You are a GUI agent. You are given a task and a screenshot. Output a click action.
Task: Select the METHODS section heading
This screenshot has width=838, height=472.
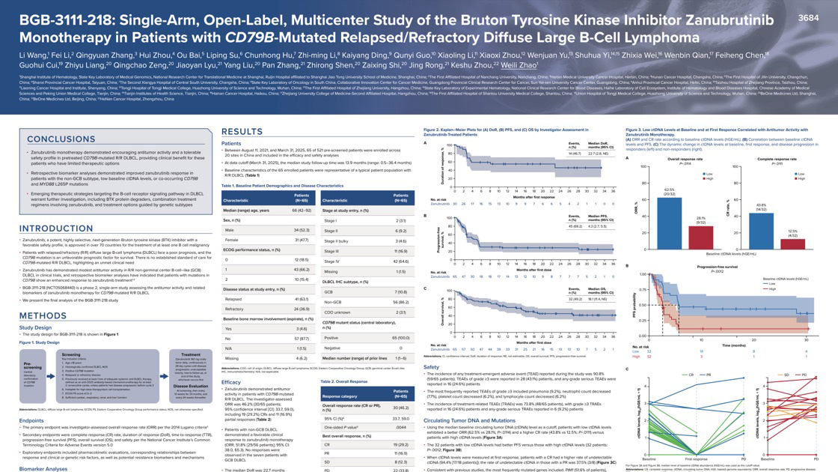43,315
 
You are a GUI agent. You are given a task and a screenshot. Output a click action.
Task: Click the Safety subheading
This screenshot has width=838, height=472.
432,367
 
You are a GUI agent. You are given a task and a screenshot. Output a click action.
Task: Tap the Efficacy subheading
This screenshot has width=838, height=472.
231,381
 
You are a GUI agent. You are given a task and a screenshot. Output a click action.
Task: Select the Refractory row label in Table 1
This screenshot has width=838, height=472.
235,309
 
